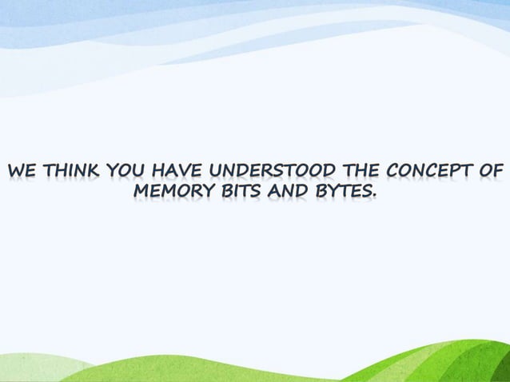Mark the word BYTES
click(x=340, y=193)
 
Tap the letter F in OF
click(x=500, y=172)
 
